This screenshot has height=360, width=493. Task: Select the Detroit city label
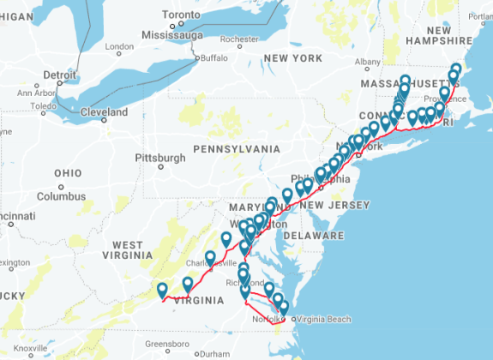click(59, 75)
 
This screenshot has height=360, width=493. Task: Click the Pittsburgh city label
click(159, 158)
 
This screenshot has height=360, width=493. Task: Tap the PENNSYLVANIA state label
click(237, 148)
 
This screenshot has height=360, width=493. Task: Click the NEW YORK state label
click(292, 57)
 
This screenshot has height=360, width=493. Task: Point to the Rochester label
click(239, 39)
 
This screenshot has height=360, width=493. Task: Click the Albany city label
click(368, 62)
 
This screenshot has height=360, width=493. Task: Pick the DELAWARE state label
click(313, 235)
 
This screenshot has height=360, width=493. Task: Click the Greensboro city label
click(166, 344)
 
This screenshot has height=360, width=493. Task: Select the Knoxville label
click(30, 348)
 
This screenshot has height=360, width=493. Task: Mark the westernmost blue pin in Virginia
click(162, 290)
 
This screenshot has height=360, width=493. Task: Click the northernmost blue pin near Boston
click(456, 69)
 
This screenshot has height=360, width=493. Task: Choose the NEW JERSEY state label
click(340, 205)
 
